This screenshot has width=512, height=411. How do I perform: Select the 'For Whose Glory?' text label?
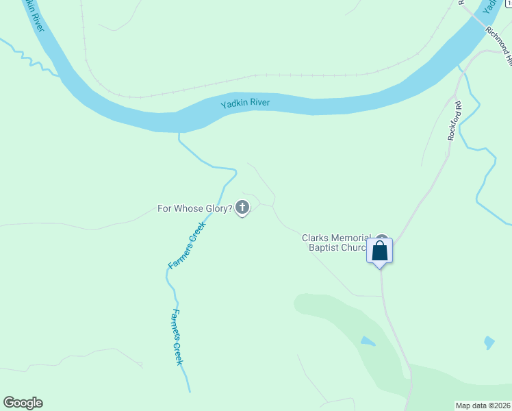click(195, 208)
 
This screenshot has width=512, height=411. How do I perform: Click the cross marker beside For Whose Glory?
click(242, 207)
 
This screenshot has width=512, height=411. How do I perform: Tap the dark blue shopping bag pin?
click(380, 251)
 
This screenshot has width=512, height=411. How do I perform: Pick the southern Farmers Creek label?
click(177, 336)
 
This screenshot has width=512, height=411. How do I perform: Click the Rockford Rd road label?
click(455, 121)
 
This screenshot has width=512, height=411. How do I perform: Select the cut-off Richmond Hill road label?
click(498, 45)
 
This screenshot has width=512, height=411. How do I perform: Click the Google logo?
click(23, 403)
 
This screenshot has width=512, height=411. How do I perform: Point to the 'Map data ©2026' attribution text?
click(483, 406)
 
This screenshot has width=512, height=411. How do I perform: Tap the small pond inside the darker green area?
click(368, 341)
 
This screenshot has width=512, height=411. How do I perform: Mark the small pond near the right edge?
click(489, 342)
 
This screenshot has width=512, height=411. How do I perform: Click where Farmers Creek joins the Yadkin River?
click(179, 132)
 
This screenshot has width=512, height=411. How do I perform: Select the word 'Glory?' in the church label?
click(216, 208)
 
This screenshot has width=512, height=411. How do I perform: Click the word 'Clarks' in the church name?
click(316, 238)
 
